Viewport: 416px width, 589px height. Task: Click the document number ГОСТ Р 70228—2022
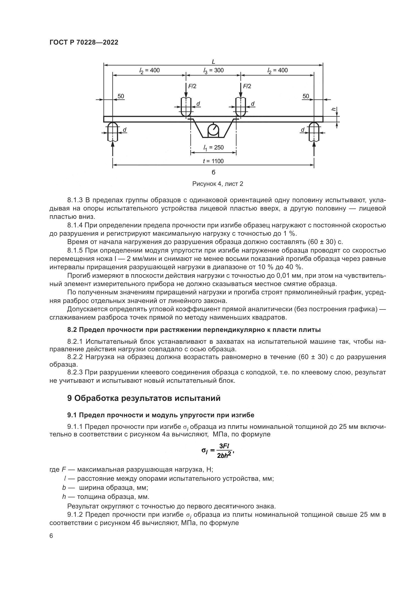coord(84,43)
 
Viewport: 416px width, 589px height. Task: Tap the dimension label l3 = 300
coord(213,71)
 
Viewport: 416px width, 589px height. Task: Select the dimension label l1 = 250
coord(213,148)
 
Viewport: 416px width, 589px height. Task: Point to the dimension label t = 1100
coord(213,161)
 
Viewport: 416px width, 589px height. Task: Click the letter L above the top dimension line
coord(213,61)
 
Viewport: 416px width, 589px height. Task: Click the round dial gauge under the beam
coord(213,130)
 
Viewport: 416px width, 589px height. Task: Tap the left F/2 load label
coord(192,86)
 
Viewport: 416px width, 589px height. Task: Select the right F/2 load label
coord(247,86)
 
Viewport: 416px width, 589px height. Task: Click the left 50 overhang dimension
coord(121,96)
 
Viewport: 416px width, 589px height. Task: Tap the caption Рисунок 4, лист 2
coord(218,184)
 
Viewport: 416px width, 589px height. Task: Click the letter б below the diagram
coord(213,172)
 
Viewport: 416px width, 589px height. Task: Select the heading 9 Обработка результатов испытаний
coord(144,398)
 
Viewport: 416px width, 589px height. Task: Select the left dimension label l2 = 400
coord(149,71)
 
